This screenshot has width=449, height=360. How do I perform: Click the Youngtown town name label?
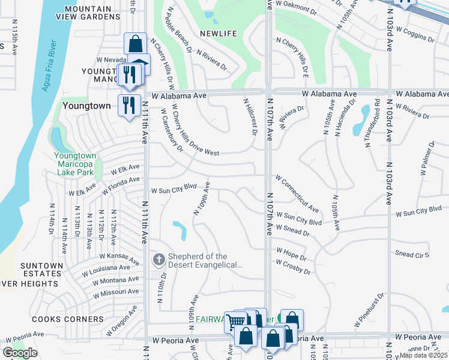point(86,106)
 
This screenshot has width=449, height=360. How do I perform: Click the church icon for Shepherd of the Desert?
point(158,259)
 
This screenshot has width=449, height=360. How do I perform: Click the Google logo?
point(20,353)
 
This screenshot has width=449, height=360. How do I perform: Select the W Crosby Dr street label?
point(293,267)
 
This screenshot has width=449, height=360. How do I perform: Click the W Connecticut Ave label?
point(297,194)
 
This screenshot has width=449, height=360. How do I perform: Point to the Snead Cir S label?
point(412,254)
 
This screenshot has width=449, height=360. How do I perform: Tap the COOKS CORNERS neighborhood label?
point(59,319)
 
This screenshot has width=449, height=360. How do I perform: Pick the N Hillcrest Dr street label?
point(250,118)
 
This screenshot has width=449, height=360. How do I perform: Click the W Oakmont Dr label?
point(296,8)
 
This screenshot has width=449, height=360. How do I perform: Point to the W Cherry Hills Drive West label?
point(195,130)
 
